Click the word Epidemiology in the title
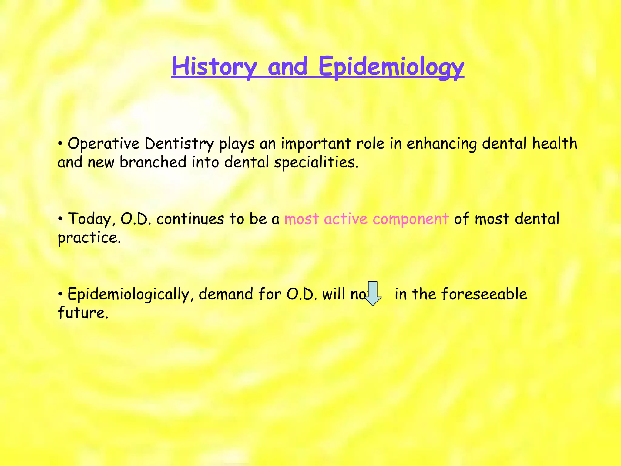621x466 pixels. [x=391, y=67]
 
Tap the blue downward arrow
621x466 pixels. [x=373, y=293]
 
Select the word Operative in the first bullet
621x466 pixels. [x=103, y=144]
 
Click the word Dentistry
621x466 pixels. [x=179, y=144]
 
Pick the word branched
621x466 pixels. [x=153, y=162]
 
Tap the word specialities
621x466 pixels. [x=316, y=162]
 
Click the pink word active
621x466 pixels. [x=346, y=219]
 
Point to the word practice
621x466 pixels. [x=89, y=238]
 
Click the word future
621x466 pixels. [x=83, y=312]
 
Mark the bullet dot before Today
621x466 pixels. [x=61, y=218]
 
